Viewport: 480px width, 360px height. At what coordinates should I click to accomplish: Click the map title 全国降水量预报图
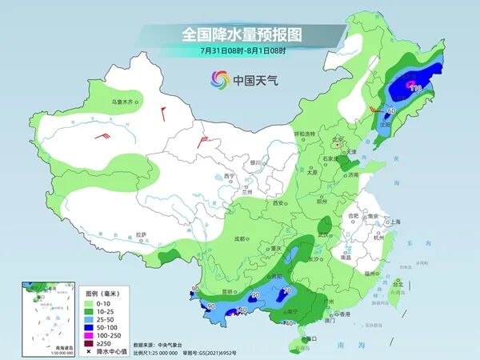click(x=239, y=35)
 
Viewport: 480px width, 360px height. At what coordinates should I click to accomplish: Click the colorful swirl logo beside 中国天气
click(x=219, y=79)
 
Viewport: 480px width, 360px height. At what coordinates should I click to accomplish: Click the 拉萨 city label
click(x=141, y=234)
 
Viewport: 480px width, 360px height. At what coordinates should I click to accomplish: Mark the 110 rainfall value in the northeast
click(x=415, y=87)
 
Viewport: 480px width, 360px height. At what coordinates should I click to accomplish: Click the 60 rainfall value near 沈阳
click(x=392, y=110)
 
